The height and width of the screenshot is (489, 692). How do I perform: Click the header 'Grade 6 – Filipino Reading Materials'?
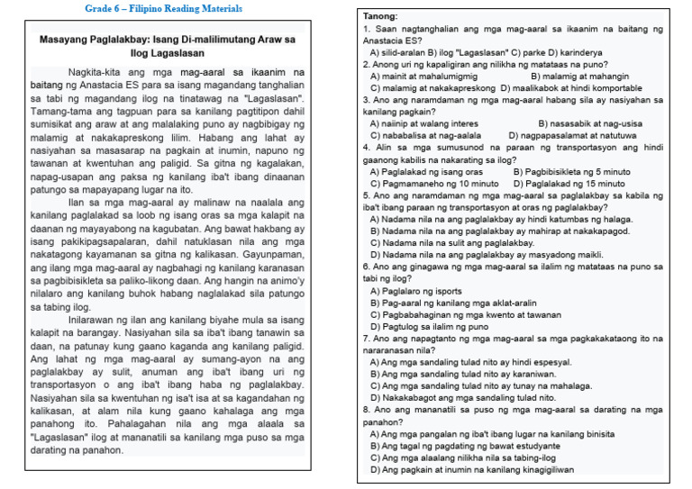click(x=163, y=8)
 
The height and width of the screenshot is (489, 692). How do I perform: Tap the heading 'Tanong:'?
click(x=381, y=17)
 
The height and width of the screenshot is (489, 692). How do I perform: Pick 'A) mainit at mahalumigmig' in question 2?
click(x=423, y=77)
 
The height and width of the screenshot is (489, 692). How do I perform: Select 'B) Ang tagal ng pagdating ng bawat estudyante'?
click(x=465, y=445)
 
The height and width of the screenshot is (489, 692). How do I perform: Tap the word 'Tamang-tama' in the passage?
click(x=59, y=109)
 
